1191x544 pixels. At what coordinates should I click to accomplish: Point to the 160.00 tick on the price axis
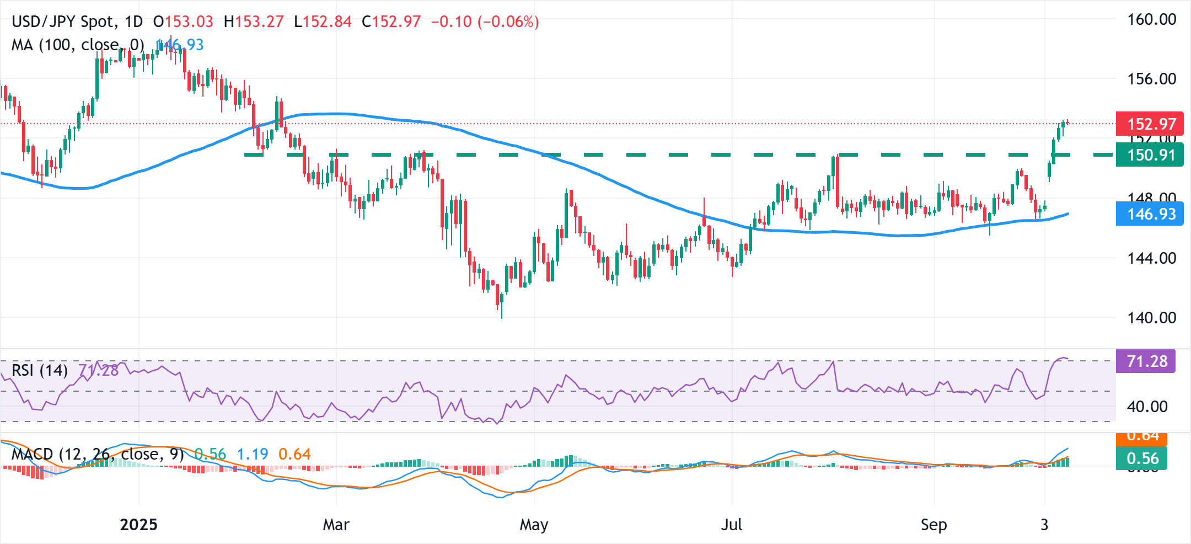(1151, 20)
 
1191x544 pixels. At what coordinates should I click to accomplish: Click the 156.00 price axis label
(1151, 79)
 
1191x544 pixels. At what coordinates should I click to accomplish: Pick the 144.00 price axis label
(1151, 258)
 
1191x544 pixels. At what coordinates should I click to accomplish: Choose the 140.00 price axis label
(1151, 318)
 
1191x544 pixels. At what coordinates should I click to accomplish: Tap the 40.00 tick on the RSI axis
(1147, 407)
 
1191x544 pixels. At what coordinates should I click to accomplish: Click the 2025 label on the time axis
(138, 525)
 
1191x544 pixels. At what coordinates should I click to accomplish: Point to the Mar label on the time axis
(336, 525)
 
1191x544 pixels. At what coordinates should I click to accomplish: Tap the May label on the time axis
(534, 525)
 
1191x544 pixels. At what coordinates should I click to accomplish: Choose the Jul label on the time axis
(732, 525)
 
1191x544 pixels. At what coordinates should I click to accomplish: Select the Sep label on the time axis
(934, 525)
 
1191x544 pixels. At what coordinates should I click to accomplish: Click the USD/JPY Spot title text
(64, 22)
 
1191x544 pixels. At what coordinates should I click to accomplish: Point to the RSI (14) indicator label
(40, 370)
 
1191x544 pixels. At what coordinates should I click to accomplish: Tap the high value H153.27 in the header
(254, 22)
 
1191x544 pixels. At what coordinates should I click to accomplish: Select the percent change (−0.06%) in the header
(508, 22)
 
